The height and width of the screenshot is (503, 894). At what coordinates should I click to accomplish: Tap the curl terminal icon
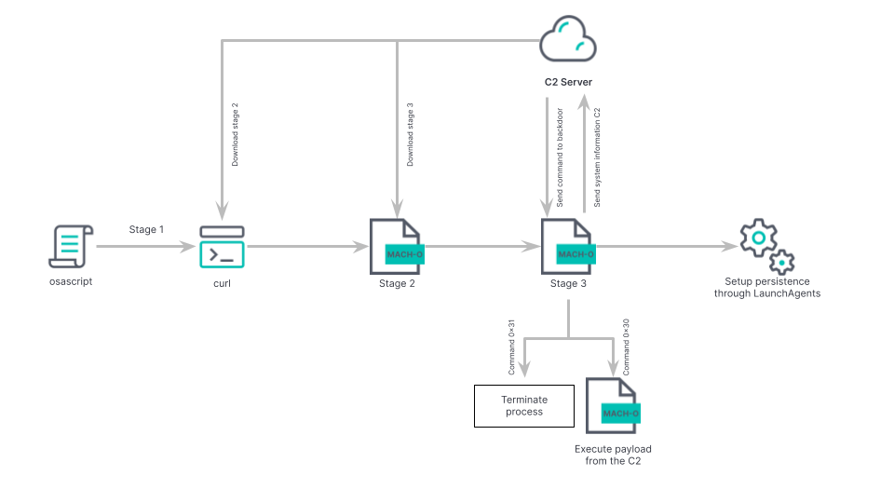click(222, 247)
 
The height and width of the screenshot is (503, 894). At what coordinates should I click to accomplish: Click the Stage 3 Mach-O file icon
click(568, 246)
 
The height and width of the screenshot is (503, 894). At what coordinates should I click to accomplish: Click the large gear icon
click(759, 238)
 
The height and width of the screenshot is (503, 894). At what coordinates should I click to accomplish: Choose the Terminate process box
click(524, 405)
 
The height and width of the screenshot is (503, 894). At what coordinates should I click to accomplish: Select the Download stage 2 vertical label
click(236, 134)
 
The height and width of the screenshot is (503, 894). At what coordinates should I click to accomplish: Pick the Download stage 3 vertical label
click(411, 134)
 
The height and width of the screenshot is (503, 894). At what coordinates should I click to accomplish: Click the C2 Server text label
click(568, 82)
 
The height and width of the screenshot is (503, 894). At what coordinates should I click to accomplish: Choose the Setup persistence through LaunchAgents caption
click(767, 287)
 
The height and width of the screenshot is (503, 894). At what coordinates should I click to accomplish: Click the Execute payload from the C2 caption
click(613, 454)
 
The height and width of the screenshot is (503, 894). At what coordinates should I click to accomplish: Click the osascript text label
click(71, 281)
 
